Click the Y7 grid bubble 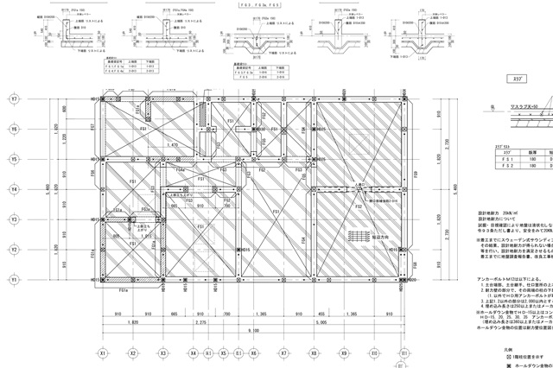click(13, 99)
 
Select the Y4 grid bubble click(13, 189)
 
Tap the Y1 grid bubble click(13, 280)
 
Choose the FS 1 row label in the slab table click(504, 161)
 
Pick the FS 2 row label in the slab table click(504, 168)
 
